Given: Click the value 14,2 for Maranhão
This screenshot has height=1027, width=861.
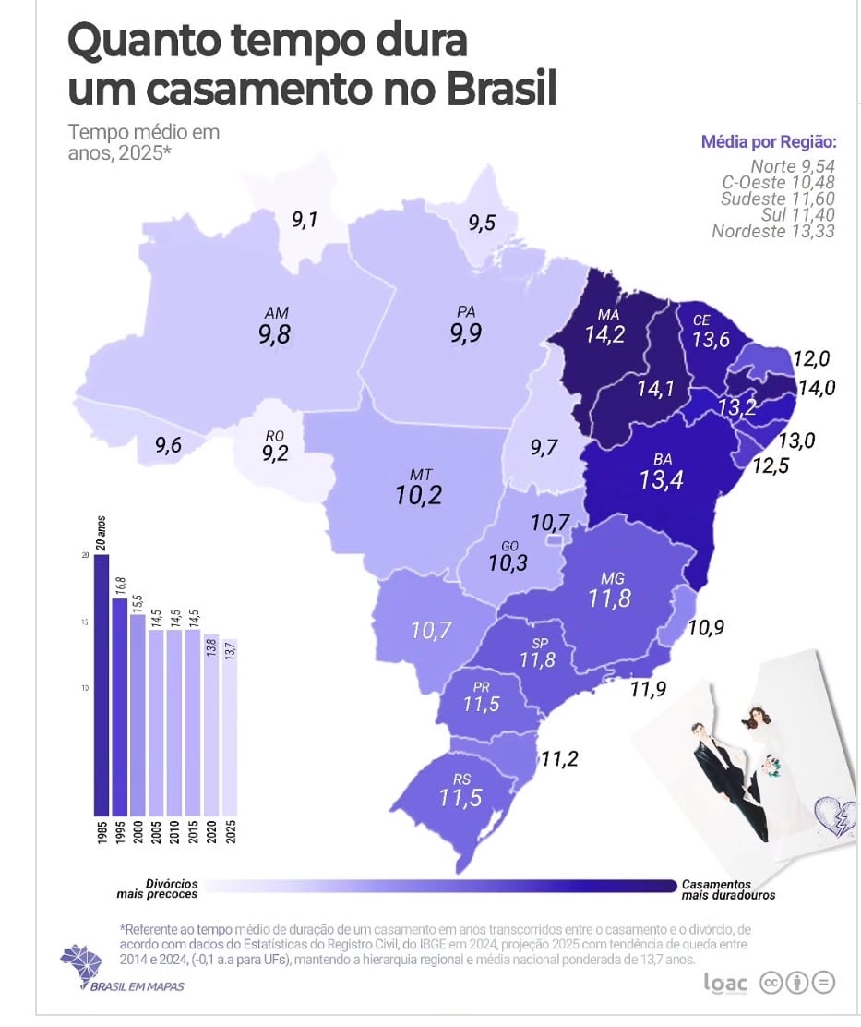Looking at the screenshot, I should (604, 333).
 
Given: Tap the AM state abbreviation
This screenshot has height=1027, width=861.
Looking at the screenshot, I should (275, 314).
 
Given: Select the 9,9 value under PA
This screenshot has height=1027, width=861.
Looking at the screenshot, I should (465, 333).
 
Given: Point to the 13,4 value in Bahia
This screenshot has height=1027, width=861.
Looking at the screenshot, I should (662, 478).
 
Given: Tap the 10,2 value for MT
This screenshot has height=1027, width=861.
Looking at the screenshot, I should (419, 495).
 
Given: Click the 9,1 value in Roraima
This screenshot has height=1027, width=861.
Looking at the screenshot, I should (305, 220).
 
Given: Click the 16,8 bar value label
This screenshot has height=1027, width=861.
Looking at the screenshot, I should (119, 586).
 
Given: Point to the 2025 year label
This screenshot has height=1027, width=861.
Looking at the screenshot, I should (229, 833).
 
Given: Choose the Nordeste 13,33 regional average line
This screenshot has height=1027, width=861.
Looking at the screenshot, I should (772, 231).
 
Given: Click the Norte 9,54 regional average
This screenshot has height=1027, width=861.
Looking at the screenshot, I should (792, 168).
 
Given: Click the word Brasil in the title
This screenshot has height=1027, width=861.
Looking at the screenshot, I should (502, 91).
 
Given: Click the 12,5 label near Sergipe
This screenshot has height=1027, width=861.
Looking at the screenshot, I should (771, 466).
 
